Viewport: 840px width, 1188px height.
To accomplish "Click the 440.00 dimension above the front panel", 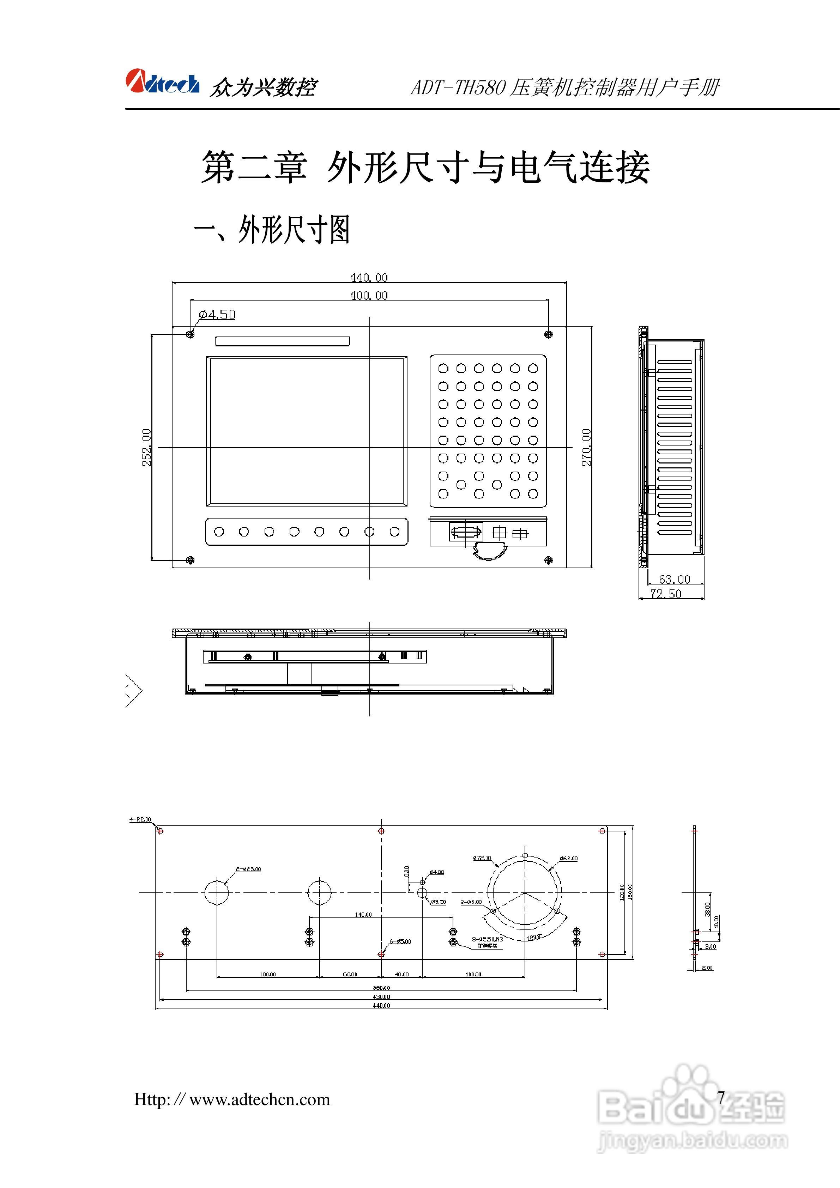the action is pos(369,277).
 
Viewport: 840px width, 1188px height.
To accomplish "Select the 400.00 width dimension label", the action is pos(369,296).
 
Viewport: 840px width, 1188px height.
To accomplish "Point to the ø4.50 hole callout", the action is pos(217,315).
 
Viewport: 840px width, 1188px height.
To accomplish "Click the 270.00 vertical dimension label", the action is pos(586,448).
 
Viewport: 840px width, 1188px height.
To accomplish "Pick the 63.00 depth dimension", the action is pos(675,579).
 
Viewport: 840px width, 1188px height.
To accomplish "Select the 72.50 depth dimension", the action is pos(666,594).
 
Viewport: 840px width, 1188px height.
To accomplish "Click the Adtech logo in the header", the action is pos(162,83).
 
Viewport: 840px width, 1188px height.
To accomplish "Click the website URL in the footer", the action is pos(232,1099).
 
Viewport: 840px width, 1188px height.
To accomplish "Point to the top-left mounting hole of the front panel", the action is pos(191,334).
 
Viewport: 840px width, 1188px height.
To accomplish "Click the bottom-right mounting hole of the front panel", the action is pos(549,560).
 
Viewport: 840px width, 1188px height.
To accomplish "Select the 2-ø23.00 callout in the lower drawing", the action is pos(248,869).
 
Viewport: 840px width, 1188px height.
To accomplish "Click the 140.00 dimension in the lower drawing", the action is pos(363,914).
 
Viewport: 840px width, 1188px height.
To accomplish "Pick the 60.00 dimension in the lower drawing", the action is pos(350,974).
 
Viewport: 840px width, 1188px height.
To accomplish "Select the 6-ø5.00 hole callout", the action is pos(400,941).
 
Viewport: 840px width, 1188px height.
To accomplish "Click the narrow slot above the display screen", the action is pos(282,341).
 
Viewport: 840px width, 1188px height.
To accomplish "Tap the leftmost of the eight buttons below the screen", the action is pos(219,532).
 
